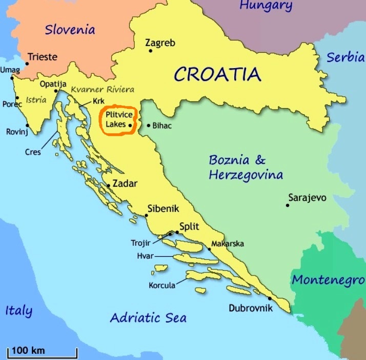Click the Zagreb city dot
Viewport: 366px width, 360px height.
[x=150, y=51]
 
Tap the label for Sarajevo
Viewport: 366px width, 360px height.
[x=307, y=197]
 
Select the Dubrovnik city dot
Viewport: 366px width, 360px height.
[x=270, y=298]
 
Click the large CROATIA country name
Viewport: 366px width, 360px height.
[x=217, y=75]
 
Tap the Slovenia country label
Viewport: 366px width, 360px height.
[x=70, y=29]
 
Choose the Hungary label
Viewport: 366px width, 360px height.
[x=266, y=6]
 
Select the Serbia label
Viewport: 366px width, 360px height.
[x=345, y=57]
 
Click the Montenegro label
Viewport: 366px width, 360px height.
[x=328, y=280]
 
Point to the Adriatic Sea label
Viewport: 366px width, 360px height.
[x=148, y=317]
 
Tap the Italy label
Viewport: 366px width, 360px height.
[x=18, y=310]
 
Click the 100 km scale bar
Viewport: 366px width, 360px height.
[x=42, y=354]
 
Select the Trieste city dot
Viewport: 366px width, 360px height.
[x=27, y=63]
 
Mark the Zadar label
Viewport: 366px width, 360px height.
[x=125, y=183]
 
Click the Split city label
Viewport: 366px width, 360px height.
[x=189, y=226]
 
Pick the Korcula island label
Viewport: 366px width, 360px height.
[x=162, y=285]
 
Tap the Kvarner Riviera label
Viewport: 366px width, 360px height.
[x=103, y=90]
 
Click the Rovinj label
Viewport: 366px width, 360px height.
[x=16, y=132]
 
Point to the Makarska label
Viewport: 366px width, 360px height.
[x=228, y=243]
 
